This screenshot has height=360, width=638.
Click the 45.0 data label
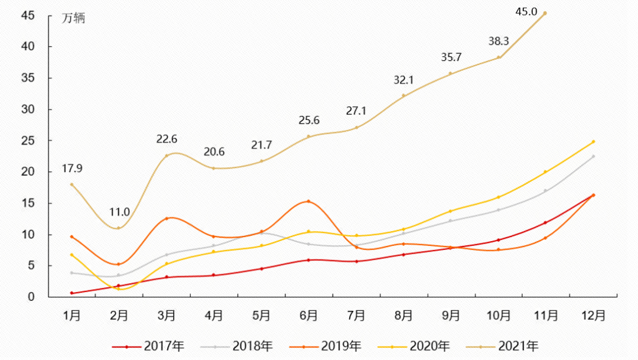525,11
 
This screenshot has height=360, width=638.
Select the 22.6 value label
167,140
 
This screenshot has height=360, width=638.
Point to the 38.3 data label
499,41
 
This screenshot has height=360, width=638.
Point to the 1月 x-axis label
72,316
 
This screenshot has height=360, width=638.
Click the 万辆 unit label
74,18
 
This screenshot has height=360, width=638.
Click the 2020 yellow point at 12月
593,142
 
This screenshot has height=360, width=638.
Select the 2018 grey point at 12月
593,157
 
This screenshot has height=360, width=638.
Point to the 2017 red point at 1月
72,293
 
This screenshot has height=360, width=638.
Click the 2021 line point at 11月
545,13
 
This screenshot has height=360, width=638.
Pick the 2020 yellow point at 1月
72,255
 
